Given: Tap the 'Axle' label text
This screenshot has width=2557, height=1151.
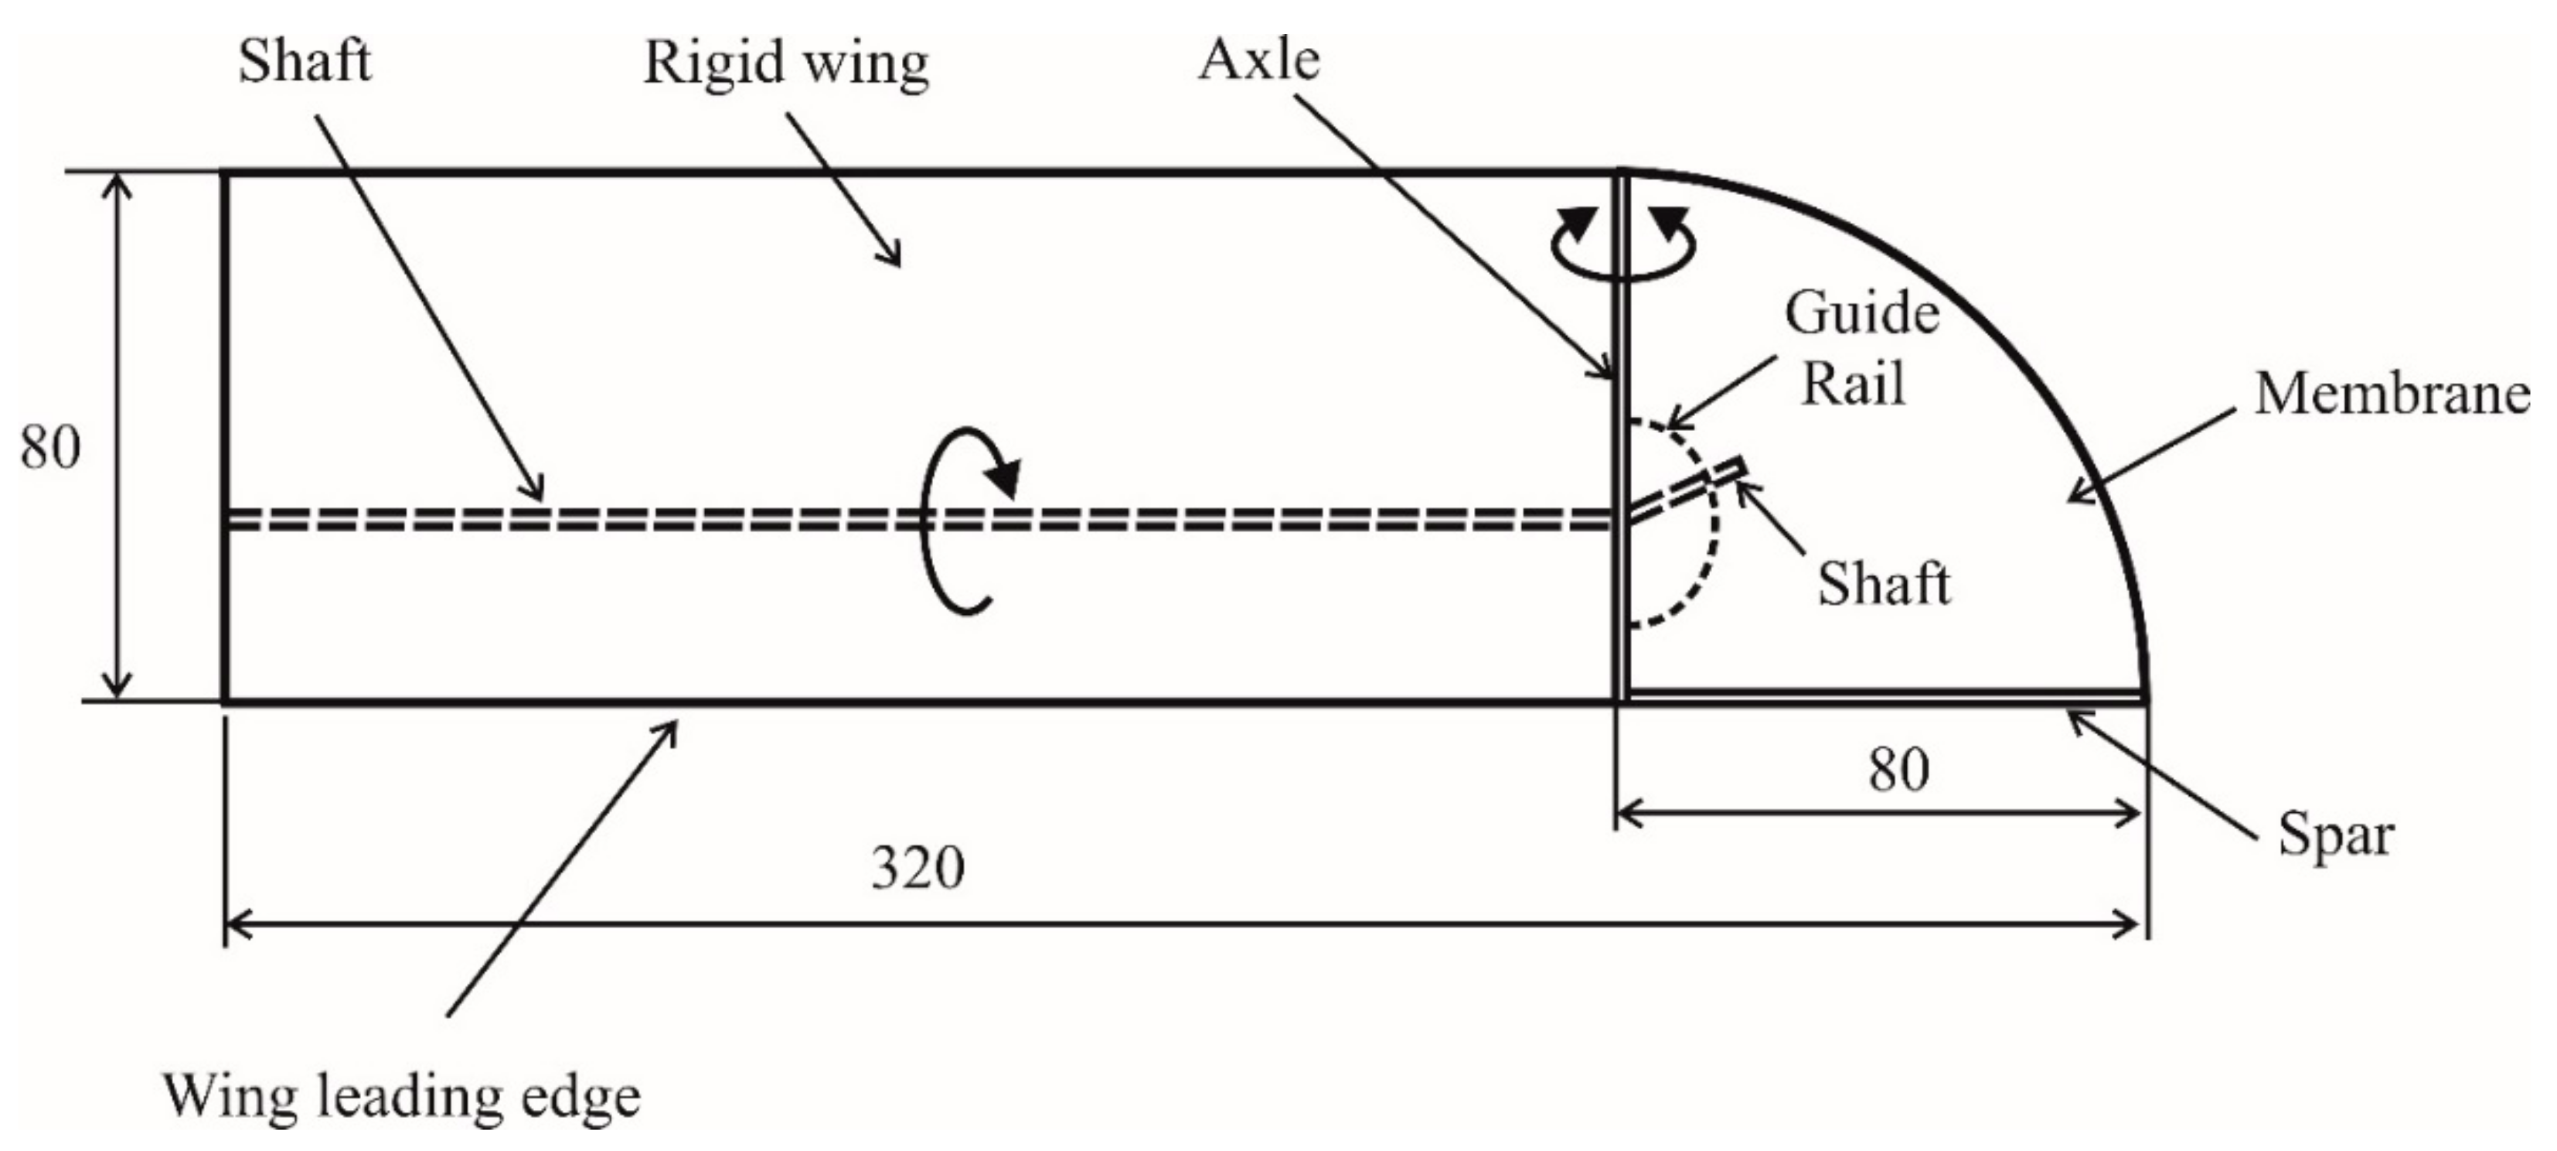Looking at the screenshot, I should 1258,60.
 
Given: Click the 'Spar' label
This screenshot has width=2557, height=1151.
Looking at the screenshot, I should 2334,834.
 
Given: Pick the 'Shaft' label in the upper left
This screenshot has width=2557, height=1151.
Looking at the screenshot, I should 304,62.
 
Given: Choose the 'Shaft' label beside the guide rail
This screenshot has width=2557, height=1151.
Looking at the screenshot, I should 1883,583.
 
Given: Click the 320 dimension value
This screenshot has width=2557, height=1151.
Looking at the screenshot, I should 918,868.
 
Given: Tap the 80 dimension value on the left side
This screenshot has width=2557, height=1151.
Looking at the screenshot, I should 49,447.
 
